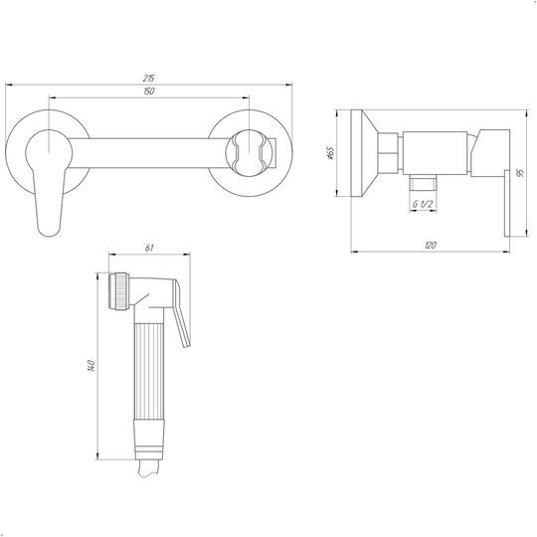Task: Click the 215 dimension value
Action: [x=149, y=79]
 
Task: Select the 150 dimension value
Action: [x=149, y=91]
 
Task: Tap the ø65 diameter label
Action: [x=330, y=153]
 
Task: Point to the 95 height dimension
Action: [x=521, y=173]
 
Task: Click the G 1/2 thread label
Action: [x=423, y=205]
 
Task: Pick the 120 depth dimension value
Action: [x=431, y=246]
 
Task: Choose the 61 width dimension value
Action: [x=149, y=248]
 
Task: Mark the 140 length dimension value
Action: [x=91, y=366]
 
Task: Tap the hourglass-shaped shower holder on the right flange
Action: [x=249, y=153]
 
